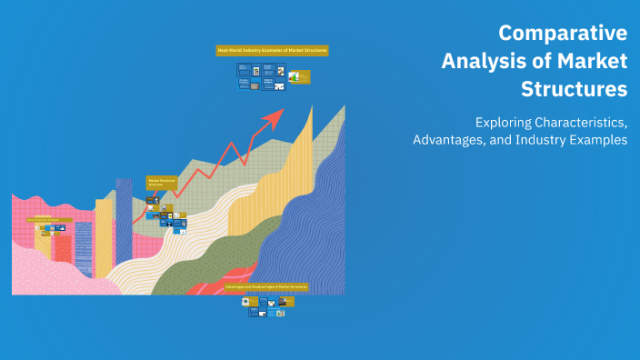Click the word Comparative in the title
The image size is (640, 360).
click(x=563, y=34)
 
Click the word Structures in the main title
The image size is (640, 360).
click(x=574, y=90)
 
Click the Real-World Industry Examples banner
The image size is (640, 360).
click(x=272, y=51)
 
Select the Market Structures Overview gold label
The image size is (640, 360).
click(x=161, y=182)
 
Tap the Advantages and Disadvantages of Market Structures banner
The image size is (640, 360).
click(x=266, y=286)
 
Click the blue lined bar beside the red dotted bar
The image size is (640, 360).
click(x=84, y=247)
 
